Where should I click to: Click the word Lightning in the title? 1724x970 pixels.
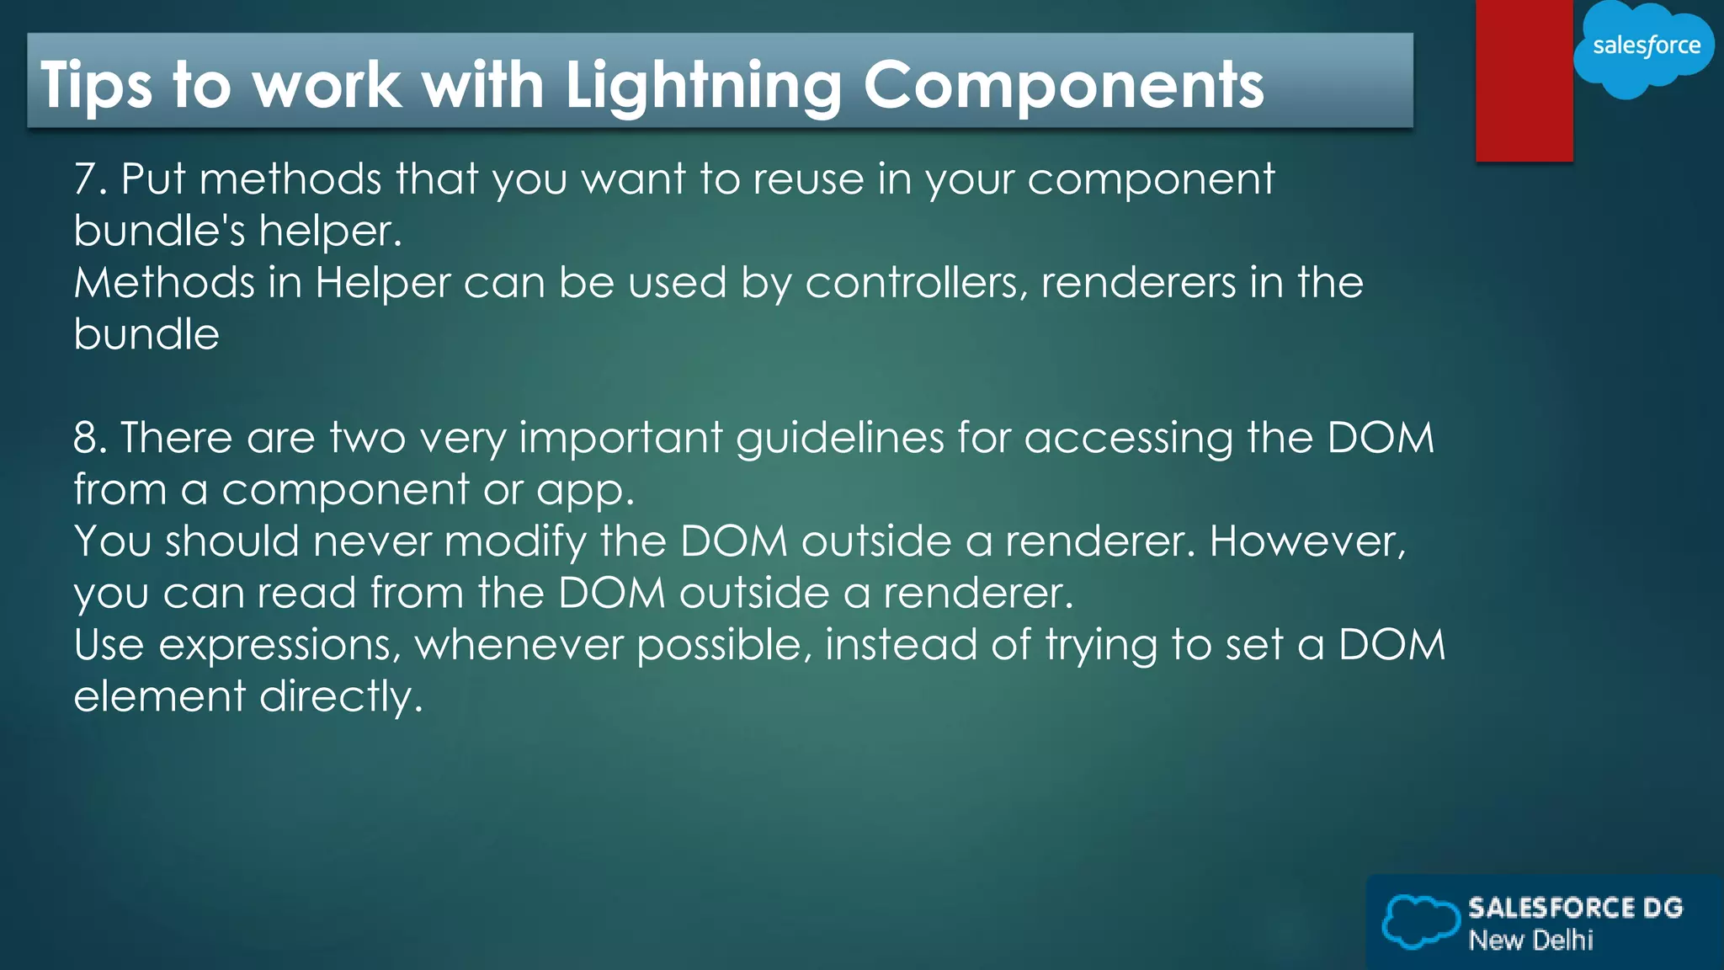point(703,86)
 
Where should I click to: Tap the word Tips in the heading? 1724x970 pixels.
point(96,86)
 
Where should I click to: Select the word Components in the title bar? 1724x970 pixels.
point(1063,86)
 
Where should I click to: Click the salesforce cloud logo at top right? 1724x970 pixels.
point(1644,47)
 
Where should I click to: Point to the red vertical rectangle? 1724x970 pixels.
point(1524,80)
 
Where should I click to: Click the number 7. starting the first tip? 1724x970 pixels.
point(90,179)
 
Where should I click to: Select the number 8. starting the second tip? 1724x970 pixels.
point(90,438)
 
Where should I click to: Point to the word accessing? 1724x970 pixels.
point(1128,438)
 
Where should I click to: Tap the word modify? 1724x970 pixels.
point(514,541)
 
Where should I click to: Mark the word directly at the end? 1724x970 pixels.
point(340,697)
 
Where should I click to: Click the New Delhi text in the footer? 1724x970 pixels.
point(1530,940)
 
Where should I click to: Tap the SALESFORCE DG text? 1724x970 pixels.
point(1575,908)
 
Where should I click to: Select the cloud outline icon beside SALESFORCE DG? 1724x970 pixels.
point(1420,921)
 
